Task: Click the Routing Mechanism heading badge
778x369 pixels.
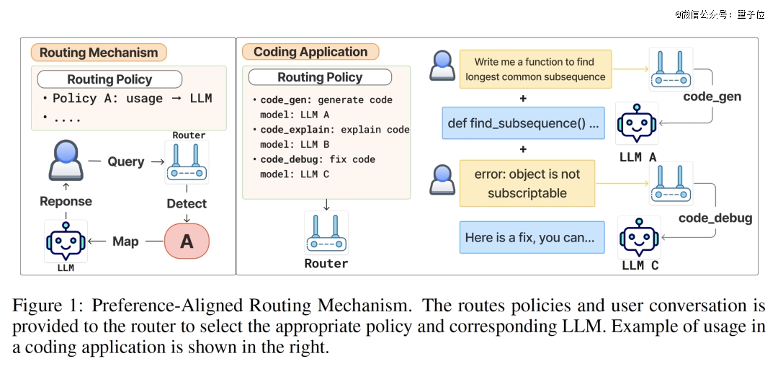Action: click(99, 53)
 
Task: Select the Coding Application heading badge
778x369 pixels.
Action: click(310, 52)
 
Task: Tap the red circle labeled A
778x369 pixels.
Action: click(187, 241)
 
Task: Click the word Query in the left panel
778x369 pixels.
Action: click(126, 161)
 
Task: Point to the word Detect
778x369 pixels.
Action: click(187, 204)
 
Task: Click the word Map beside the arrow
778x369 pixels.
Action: click(125, 241)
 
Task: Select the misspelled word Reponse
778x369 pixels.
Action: click(66, 201)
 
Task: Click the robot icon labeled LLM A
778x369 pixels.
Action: click(637, 124)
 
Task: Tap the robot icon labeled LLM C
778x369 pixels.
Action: click(639, 237)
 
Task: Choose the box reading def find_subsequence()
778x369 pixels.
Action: click(524, 123)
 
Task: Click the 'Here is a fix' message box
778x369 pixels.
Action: click(532, 237)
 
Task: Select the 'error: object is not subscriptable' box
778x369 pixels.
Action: click(527, 183)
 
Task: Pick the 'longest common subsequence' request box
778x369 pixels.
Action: click(535, 69)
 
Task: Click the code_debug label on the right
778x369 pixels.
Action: click(715, 218)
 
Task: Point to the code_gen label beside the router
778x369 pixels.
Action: click(712, 97)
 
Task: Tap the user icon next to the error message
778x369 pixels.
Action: click(442, 179)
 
